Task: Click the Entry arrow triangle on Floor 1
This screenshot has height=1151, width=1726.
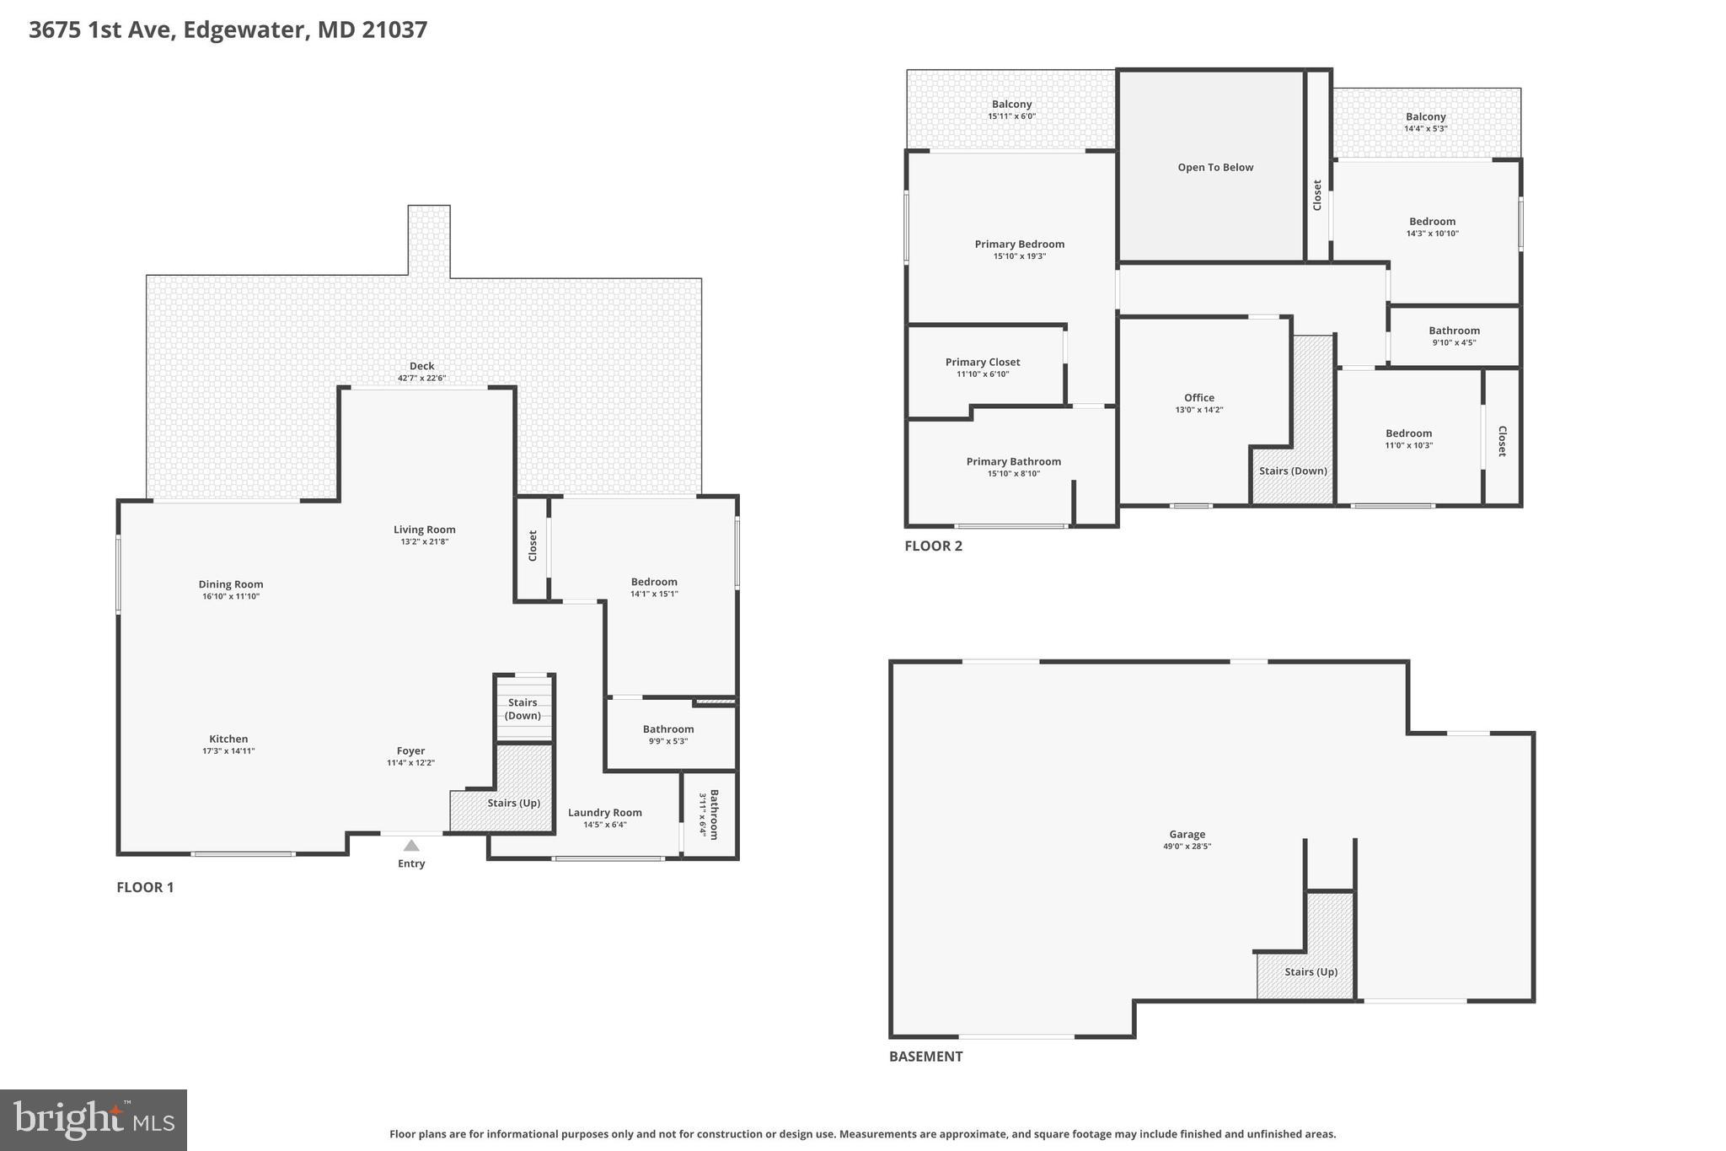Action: coord(410,846)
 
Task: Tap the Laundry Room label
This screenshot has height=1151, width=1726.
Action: coord(604,813)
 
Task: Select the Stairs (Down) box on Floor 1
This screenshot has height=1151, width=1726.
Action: coord(523,708)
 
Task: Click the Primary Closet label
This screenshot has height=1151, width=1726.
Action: coord(982,363)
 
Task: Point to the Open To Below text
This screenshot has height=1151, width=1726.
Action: coord(1215,168)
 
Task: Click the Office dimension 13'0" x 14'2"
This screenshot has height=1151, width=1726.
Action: coord(1198,410)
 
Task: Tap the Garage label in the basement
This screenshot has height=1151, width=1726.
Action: coord(1187,835)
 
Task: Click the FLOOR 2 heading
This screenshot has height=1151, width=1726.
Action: coord(933,546)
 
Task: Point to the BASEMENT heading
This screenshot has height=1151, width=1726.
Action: coord(925,1057)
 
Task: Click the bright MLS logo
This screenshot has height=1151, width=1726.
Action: coord(94,1120)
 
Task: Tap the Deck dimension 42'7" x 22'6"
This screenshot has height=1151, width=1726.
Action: coord(421,379)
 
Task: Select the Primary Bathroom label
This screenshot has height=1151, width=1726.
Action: coord(1013,462)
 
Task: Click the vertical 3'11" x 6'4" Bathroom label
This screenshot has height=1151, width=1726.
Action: coord(709,814)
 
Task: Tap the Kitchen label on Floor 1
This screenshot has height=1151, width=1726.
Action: coord(228,740)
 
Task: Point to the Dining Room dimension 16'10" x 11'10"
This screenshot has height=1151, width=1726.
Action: coord(231,596)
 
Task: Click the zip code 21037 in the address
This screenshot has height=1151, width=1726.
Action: coord(394,30)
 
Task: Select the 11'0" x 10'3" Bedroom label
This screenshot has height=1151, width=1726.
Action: coord(1408,433)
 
